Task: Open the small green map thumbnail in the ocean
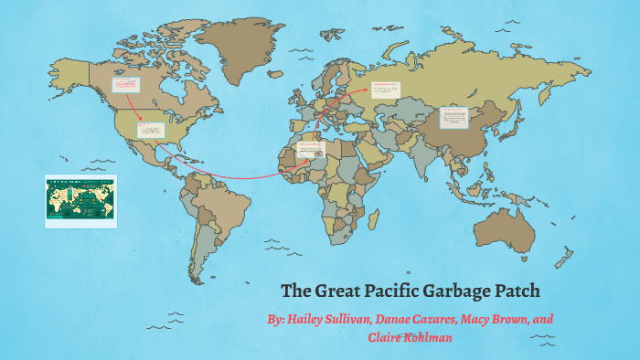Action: pyautogui.click(x=80, y=200)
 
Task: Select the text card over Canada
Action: pyautogui.click(x=124, y=85)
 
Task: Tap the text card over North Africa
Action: pyautogui.click(x=309, y=149)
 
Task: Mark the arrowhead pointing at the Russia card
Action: pyautogui.click(x=370, y=91)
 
